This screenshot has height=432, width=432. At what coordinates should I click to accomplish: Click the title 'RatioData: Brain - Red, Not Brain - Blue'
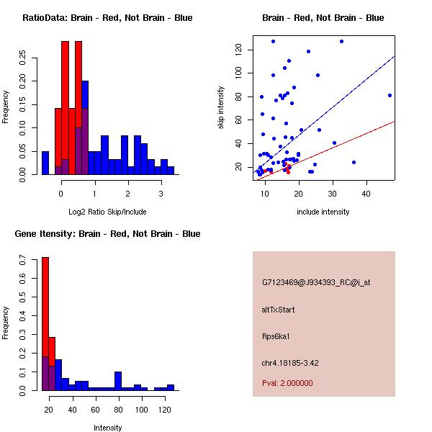pos(107,18)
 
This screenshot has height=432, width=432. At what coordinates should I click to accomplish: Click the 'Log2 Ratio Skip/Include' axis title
pos(107,212)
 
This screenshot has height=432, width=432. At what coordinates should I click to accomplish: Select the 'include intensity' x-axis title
pos(323,212)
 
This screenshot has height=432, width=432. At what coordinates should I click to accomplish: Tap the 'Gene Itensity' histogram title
pos(107,234)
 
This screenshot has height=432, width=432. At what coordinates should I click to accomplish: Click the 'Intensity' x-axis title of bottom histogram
pos(107,428)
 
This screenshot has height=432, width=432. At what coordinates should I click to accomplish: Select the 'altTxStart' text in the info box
pos(278,310)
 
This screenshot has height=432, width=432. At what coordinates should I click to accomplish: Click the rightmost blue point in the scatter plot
pos(390,95)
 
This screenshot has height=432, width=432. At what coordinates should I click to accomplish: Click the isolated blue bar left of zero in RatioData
pos(45,163)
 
